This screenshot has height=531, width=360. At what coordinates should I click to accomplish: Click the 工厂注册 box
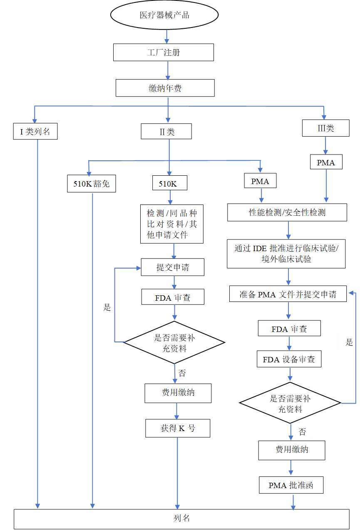pos(164,53)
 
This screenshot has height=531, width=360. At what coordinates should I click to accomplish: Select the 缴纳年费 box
pos(165,88)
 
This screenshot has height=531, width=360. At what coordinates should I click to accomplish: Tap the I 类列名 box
pos(35,132)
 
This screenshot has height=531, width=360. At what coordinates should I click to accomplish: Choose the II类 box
pos(166,132)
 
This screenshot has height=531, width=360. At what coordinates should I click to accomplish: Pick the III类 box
pos(325,128)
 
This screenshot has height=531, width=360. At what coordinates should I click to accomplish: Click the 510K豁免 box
pos(92,184)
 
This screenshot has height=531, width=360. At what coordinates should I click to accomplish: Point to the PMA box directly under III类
pos(326,162)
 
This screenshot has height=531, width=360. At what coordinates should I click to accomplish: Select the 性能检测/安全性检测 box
pos(287,212)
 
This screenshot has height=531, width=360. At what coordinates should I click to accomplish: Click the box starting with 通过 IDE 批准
pos(286,254)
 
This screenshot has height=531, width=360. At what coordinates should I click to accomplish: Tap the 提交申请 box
pos(173,267)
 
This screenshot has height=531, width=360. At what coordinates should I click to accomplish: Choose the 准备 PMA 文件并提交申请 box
pos(288,294)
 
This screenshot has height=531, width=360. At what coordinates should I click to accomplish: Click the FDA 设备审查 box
pos(289,359)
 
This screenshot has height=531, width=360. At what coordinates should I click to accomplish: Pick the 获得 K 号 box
pos(178,428)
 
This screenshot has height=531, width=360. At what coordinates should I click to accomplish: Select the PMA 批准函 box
pos(290,486)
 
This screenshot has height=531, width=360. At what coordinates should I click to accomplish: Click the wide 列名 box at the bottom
pos(181,519)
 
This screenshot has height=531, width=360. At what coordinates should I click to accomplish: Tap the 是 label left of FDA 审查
pos(107,307)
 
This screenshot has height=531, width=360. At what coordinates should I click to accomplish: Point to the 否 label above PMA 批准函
pos(302,432)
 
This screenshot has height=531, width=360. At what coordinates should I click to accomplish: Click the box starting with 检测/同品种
pos(172,224)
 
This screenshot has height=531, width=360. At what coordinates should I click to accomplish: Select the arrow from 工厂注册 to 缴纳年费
pos(168,70)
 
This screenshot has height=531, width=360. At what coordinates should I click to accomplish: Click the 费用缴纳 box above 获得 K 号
pos(178,393)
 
